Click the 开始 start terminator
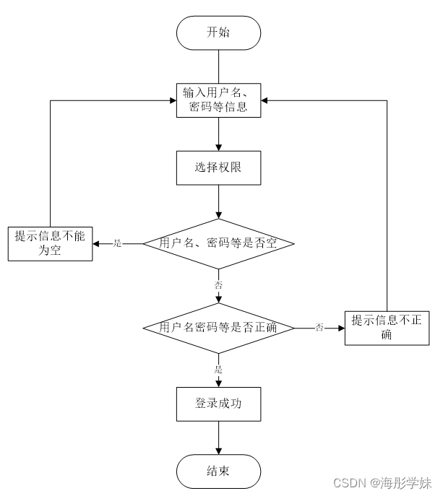coord(218,33)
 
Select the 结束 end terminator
coord(218,471)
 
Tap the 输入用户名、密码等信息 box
coord(218,100)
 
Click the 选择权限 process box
coord(218,167)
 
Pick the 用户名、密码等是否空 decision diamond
coord(218,243)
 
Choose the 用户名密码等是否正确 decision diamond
coord(218,328)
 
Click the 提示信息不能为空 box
coord(50,244)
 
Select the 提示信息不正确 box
coord(387,328)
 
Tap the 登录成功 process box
coord(218,404)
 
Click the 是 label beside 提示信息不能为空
coord(117,244)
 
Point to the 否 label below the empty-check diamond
coord(218,285)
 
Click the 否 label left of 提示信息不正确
coord(319,328)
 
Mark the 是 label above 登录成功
coord(218,370)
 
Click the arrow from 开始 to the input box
coord(218,66)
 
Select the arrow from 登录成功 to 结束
coord(218,438)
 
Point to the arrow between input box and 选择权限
coord(218,134)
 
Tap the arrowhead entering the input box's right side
coord(265,100)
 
